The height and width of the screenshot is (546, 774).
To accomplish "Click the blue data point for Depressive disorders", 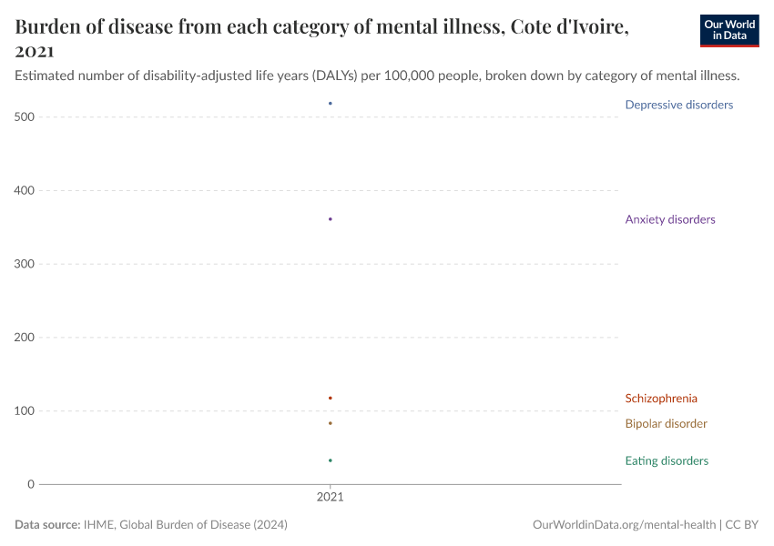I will coord(330,104).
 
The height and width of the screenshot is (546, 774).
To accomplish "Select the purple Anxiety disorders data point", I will coord(330,219).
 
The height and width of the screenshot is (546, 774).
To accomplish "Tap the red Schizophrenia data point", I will coord(330,398).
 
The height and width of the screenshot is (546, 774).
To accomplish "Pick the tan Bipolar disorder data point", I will coord(330,423).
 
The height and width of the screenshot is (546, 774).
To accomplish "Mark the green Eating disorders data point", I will coord(330,460).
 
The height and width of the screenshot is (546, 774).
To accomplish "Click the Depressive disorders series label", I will coord(678,105).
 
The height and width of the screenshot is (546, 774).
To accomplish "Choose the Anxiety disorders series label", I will coord(669,219).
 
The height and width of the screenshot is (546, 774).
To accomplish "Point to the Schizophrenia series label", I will coord(661,398).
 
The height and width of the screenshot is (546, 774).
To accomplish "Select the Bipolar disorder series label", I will coord(666,423).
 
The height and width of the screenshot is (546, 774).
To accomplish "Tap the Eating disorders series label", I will coord(667,460).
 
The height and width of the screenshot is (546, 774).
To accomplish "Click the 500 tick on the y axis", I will coord(25,117).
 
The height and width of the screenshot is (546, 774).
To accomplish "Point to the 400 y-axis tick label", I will coord(25,190).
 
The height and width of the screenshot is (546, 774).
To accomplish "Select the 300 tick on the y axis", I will coord(25,264).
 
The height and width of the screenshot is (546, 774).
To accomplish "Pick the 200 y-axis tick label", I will coord(25,338).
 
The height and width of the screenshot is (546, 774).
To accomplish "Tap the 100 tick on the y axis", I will coord(25,410).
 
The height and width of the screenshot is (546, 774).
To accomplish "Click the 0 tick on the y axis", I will coord(30,484).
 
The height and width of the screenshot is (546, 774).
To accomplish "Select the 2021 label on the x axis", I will coord(330,499).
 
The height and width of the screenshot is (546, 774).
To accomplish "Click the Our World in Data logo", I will coord(728,30).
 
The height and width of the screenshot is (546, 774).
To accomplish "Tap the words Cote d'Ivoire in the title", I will coord(564,27).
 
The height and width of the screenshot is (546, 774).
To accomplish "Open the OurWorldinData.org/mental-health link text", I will coord(624,525).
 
